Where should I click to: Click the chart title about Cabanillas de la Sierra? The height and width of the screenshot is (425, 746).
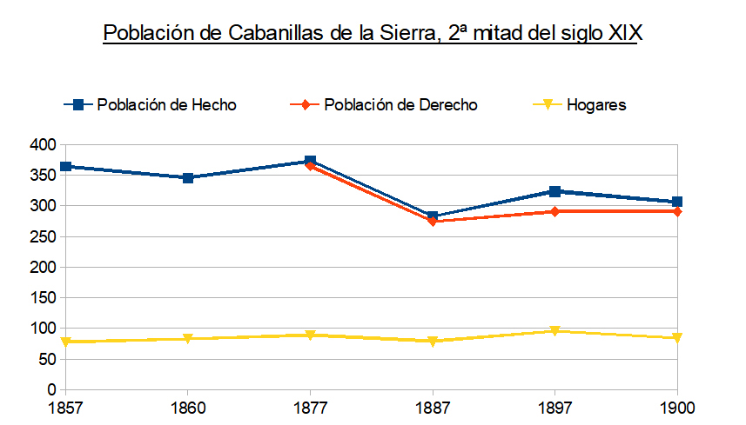coord(373,33)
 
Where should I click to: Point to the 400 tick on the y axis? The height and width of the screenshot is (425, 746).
coord(42,145)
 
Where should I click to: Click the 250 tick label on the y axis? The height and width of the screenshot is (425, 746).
coord(42,236)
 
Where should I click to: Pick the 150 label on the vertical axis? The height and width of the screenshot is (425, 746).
coord(42,298)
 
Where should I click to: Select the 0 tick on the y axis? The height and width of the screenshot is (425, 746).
coord(50,389)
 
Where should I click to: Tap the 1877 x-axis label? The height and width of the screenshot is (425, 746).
coord(310,406)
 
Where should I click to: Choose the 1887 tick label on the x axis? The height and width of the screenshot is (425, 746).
coord(433,406)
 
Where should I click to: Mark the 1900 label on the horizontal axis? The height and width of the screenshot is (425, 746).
coord(677,406)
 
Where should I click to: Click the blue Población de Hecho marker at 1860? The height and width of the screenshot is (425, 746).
coord(188,178)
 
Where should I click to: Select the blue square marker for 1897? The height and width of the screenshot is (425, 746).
coord(555,191)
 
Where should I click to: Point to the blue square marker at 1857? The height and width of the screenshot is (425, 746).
coord(65,166)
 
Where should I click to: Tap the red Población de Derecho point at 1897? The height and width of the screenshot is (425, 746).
coord(555,211)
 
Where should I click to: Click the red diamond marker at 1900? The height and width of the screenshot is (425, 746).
coord(677,211)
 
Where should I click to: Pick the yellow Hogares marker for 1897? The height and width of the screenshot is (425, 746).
coord(555,331)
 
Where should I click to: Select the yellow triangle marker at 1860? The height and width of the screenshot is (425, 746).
coord(188,339)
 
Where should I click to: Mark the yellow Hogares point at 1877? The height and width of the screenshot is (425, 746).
coord(310,335)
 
